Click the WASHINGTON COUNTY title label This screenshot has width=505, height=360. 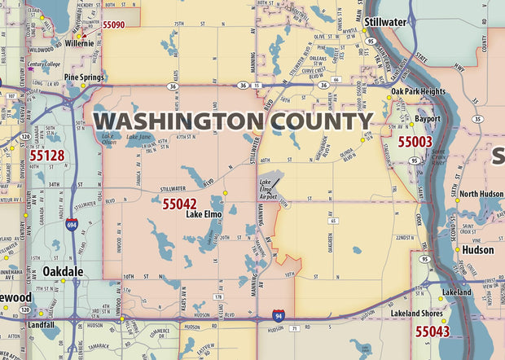tap(233, 121)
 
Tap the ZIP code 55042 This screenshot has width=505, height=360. tap(179, 203)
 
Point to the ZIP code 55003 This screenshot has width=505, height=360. tap(415, 141)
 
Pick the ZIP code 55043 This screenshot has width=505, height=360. tap(432, 331)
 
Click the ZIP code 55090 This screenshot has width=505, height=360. tap(113, 25)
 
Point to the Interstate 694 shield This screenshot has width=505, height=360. tap(72, 225)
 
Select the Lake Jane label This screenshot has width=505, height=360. tap(138, 138)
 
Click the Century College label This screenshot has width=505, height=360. tap(44, 64)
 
